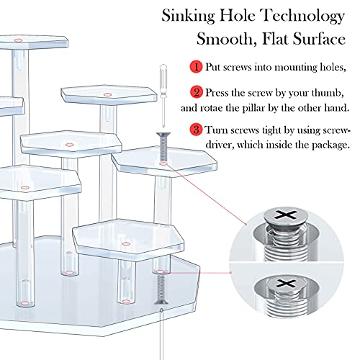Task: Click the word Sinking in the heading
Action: [x=189, y=15]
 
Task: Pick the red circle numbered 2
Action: [x=195, y=92]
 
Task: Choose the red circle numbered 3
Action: [x=195, y=130]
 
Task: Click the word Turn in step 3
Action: [x=217, y=130]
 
